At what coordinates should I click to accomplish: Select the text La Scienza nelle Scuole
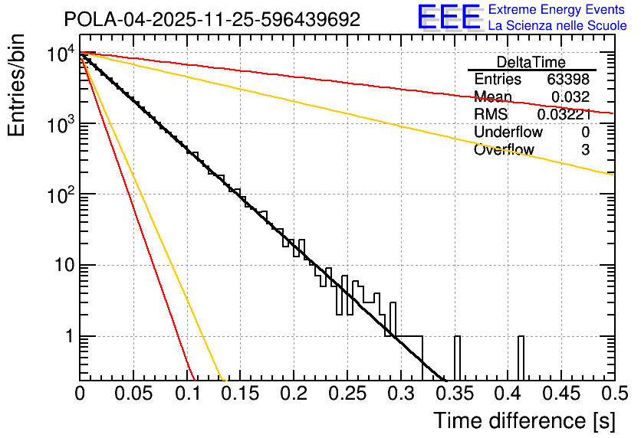coord(557,25)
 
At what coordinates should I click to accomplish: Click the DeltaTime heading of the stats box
coord(531,62)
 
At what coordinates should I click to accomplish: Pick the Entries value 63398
coord(568,80)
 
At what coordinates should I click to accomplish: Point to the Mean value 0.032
coord(570,96)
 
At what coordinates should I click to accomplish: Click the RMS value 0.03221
coord(564,114)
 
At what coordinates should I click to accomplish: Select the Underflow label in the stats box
coord(508,132)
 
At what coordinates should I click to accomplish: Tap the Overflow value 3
coord(585,149)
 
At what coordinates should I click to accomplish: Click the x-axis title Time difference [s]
coord(523,420)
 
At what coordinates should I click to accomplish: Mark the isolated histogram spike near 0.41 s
coord(521,358)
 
